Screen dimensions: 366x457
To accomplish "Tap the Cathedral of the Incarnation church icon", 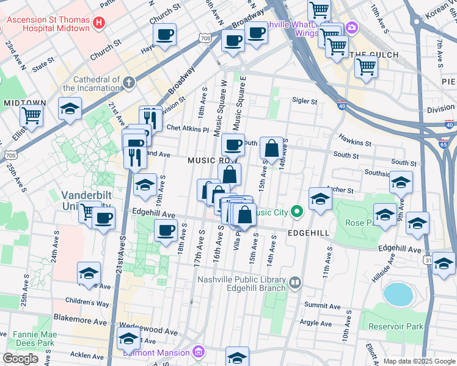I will tap(128, 82).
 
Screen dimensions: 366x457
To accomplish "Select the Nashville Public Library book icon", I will tap(296, 282).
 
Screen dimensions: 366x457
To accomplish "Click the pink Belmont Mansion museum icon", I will tap(198, 352).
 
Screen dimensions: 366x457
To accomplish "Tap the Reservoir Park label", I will tap(397, 326).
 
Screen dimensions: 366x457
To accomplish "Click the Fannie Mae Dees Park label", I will tap(28, 339).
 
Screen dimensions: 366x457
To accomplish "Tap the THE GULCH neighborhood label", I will tap(375, 55).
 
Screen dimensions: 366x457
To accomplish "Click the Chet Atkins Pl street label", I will tap(188, 129).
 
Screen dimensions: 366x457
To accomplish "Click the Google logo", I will tap(21, 359).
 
